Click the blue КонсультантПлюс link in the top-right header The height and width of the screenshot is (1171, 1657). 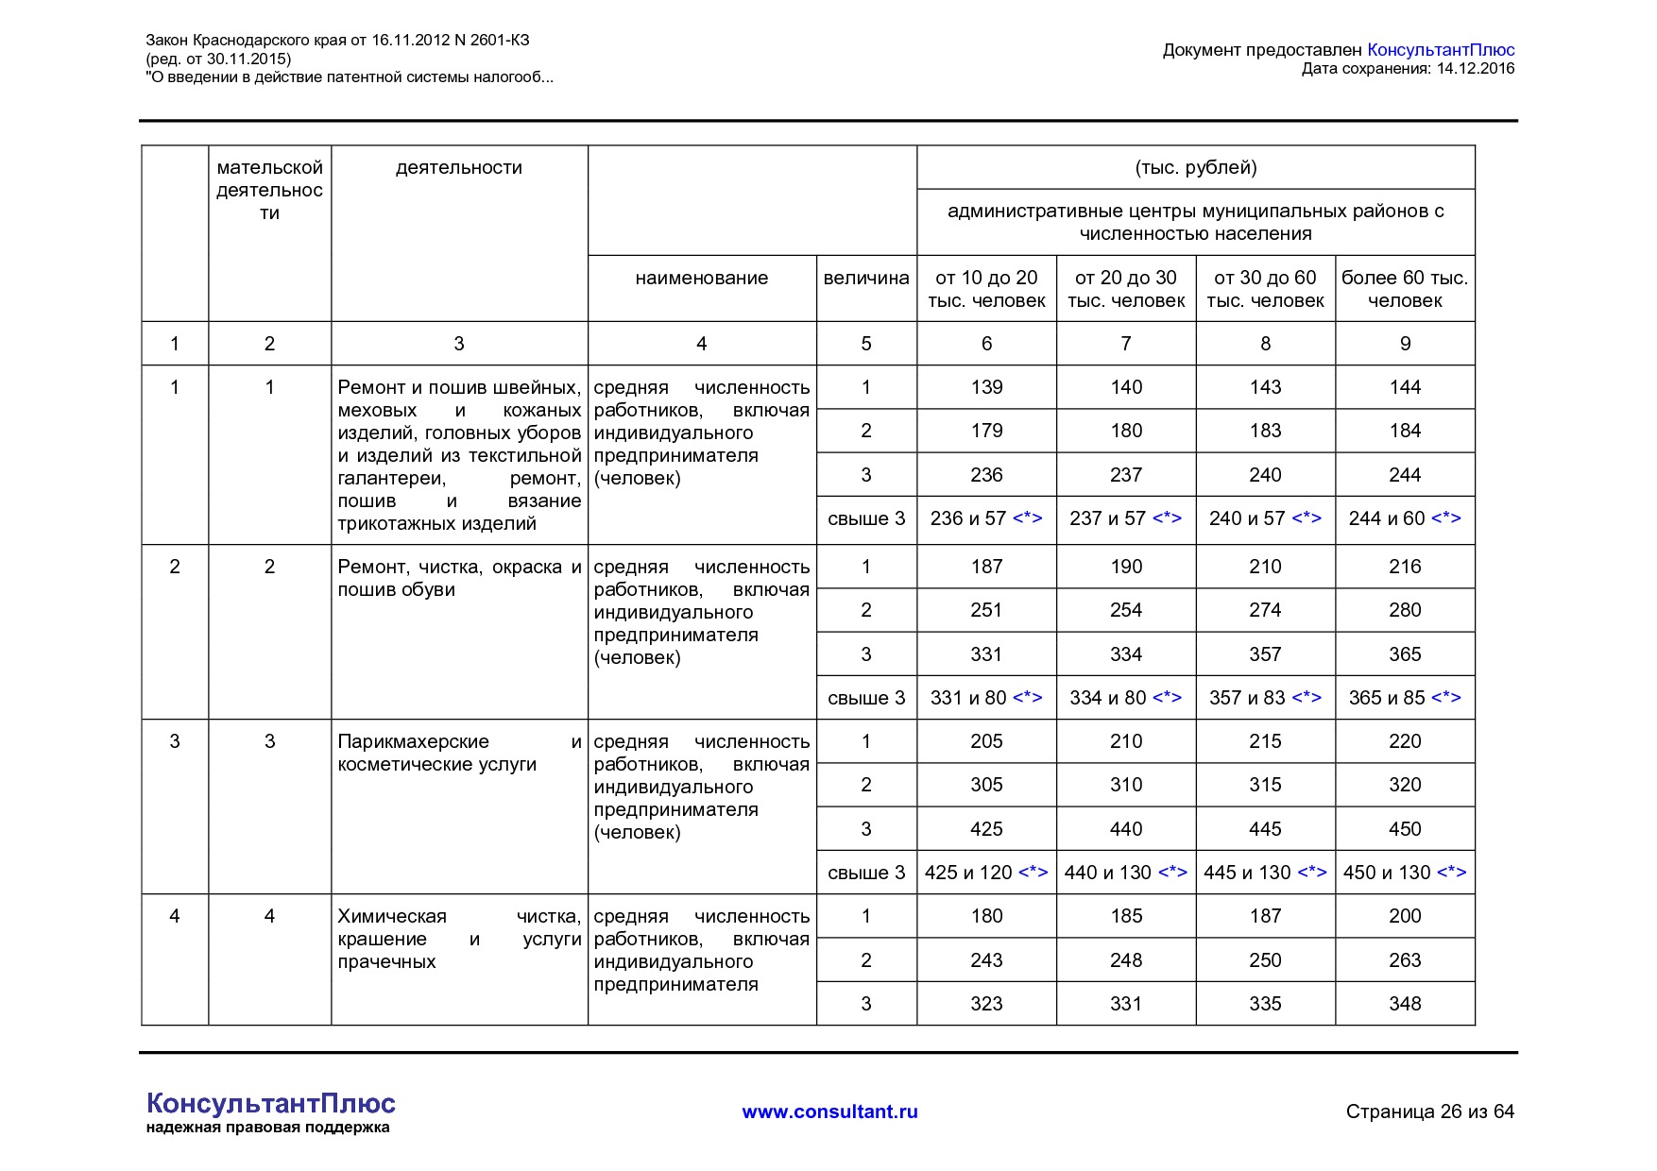point(1441,50)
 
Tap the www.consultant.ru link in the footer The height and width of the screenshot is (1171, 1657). point(829,1112)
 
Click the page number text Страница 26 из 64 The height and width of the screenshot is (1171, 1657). point(1429,1112)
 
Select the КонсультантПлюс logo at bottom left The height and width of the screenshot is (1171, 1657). point(270,1104)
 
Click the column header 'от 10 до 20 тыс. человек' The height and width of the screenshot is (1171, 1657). point(986,289)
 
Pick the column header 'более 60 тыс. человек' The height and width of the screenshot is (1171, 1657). point(1405,289)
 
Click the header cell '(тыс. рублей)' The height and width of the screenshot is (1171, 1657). point(1195,168)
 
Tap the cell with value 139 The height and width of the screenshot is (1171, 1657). point(986,387)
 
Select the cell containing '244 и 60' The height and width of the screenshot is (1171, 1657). point(1405,518)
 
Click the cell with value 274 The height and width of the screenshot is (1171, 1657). point(1265,610)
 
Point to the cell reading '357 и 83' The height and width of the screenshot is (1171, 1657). point(1265,698)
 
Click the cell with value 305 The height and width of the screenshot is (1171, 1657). point(986,785)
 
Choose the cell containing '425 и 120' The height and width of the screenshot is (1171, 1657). point(986,873)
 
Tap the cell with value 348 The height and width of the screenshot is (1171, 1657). point(1405,1004)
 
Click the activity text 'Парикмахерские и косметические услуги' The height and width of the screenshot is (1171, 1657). point(459,754)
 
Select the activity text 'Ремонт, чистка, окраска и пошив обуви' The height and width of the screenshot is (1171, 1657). point(459,578)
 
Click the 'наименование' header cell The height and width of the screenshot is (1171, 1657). point(701,278)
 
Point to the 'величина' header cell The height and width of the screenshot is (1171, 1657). point(865,278)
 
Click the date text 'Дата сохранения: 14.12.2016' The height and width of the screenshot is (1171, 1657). point(1408,69)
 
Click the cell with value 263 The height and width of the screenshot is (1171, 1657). point(1405,960)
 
